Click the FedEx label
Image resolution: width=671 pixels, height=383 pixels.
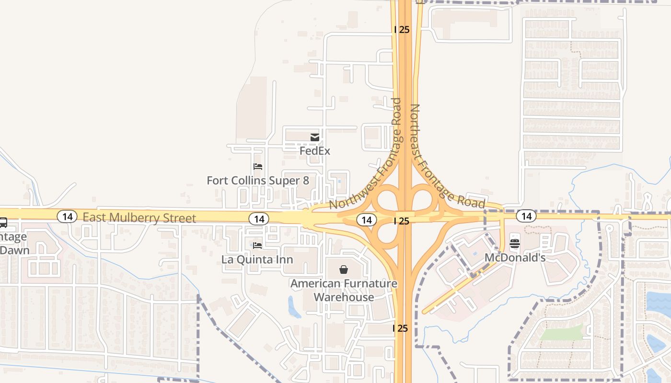coord(315,151)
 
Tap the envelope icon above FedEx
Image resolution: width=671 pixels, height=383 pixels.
coord(315,138)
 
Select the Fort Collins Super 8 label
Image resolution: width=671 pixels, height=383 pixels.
coord(258,180)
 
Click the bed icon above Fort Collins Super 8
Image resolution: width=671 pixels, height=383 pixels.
coord(258,167)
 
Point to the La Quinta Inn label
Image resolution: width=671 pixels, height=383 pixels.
coord(257,259)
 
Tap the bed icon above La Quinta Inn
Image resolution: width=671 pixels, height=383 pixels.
coord(257,246)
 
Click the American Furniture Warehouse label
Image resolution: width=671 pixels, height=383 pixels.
coord(344,290)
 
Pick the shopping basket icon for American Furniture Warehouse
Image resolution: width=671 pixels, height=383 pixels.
coord(343,270)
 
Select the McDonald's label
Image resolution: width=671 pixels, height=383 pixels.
coord(515,258)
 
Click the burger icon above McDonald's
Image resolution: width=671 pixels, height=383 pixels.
coord(515,244)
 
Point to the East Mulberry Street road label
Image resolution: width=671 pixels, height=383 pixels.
coord(139,218)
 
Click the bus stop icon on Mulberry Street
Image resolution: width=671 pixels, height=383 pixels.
coord(3,223)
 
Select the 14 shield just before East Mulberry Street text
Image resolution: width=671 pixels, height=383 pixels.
coord(67,216)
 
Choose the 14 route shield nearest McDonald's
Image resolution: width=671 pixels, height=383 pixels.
coord(526,216)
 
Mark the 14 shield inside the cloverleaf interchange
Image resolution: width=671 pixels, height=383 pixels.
coord(367,220)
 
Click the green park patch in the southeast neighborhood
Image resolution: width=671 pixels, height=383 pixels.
coord(561,333)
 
